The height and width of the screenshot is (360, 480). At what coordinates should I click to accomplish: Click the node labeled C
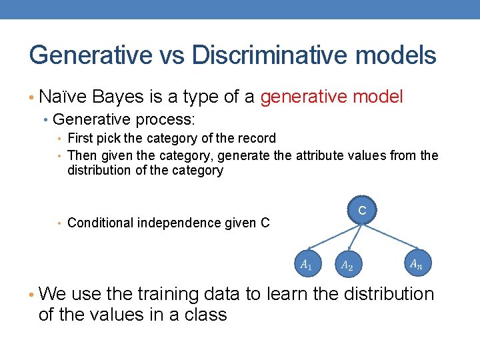point(362,211)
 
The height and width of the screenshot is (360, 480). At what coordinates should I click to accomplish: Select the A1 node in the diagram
point(306,264)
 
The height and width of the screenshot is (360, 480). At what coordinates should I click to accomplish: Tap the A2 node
point(347,265)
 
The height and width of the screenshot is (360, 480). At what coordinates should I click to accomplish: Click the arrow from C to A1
point(333,237)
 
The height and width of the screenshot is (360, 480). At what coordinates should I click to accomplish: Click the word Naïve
point(63,97)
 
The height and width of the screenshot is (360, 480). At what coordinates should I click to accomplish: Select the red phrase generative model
point(331,97)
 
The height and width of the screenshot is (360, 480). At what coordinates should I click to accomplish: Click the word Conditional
point(101,223)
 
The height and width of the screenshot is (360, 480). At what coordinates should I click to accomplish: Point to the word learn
point(294,294)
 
